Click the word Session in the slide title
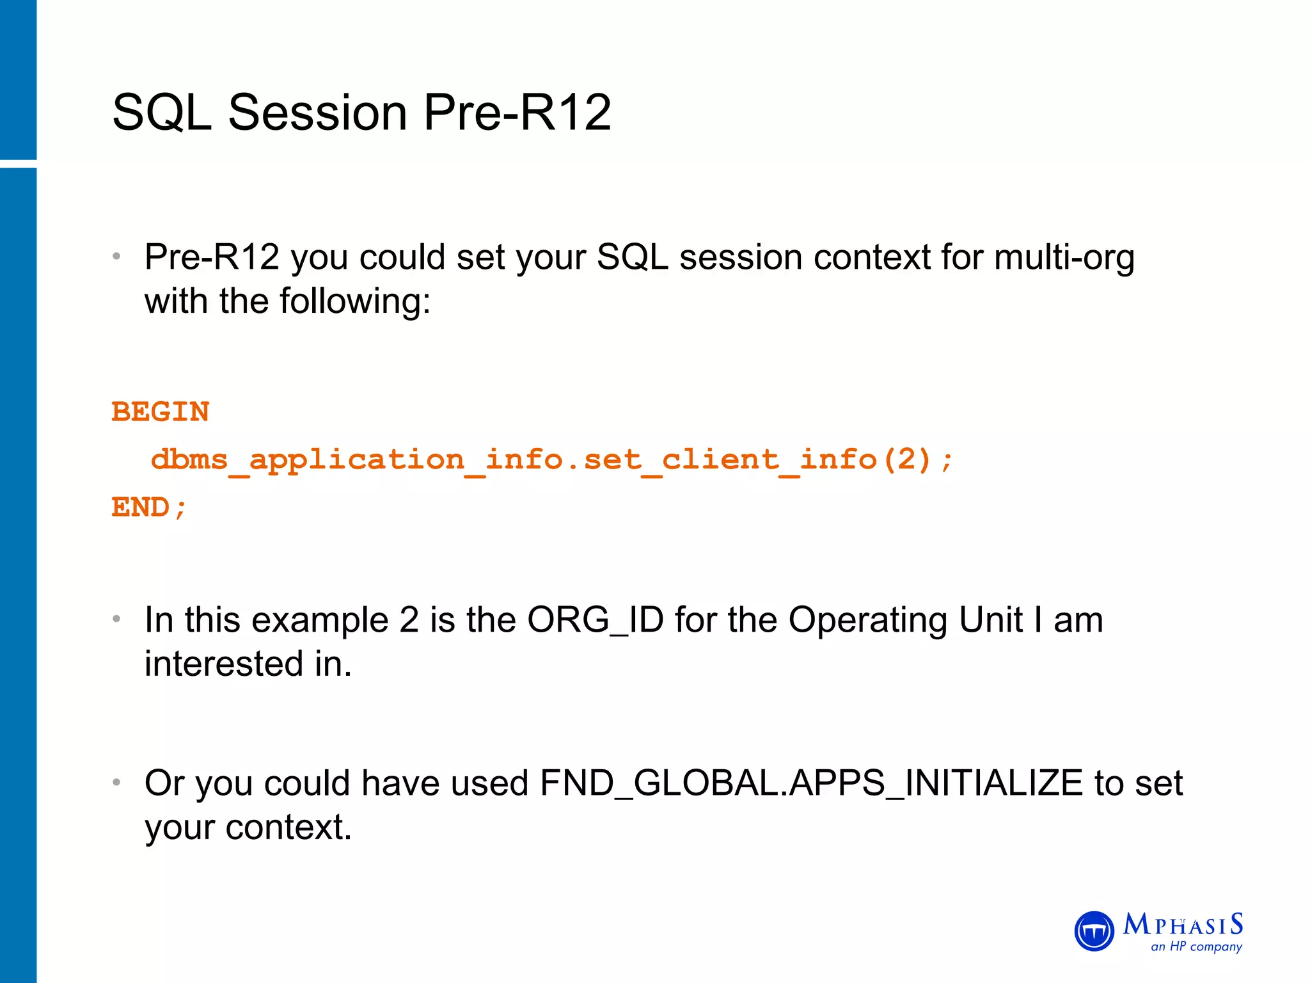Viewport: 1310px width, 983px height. [x=317, y=113]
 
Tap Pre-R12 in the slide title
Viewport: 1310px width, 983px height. [x=517, y=113]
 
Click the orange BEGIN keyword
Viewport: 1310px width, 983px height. [x=161, y=412]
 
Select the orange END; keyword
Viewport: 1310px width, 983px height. [x=149, y=507]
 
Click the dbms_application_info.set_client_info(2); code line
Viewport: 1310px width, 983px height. [x=551, y=460]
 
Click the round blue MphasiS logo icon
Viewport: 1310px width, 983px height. [x=1094, y=931]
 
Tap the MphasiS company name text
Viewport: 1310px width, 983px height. [x=1183, y=925]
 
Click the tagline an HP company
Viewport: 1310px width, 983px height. [x=1196, y=947]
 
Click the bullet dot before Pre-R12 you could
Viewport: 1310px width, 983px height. [x=116, y=257]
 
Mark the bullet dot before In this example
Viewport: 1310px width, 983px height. [x=116, y=619]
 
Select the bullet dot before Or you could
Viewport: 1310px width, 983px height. [x=116, y=783]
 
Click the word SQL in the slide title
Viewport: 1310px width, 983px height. [x=162, y=113]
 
